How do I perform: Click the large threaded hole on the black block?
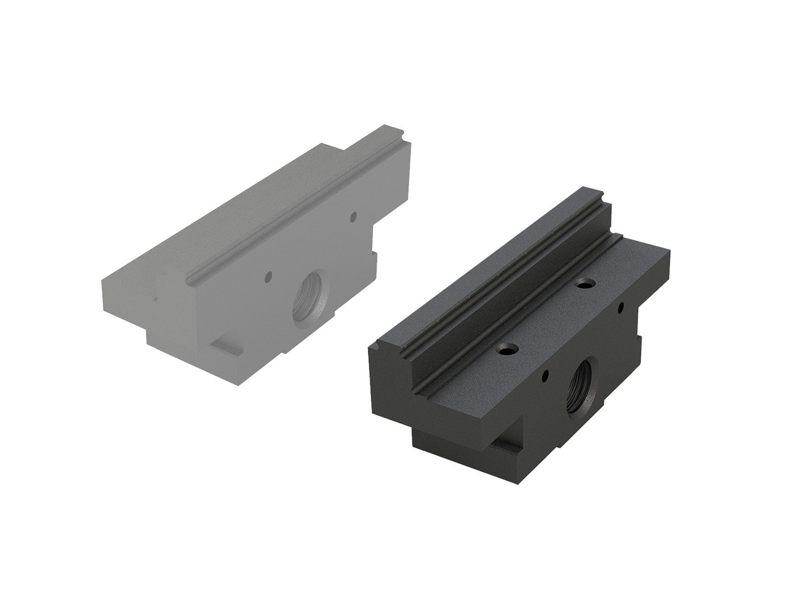[x=581, y=382]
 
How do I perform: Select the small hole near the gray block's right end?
[x=353, y=215]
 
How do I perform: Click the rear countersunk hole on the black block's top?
[x=586, y=284]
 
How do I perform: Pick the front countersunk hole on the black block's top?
[x=509, y=351]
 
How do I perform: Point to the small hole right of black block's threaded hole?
[x=620, y=307]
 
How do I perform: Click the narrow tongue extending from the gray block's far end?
[x=381, y=140]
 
